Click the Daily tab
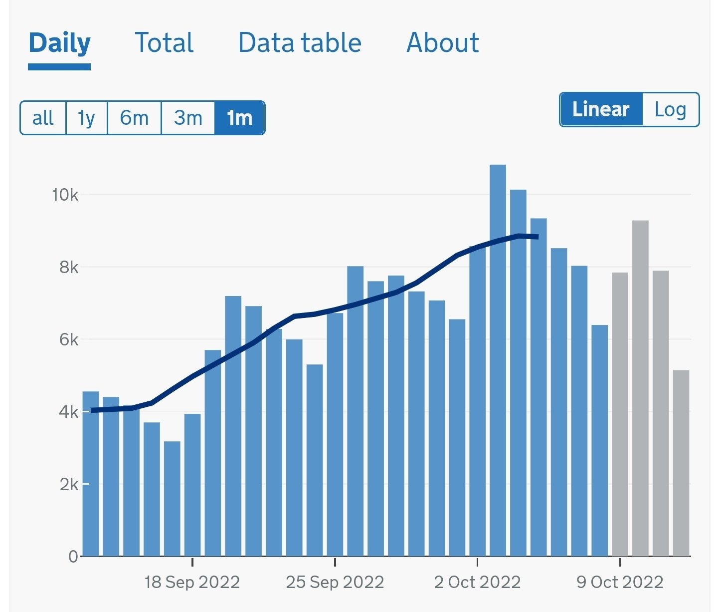(59, 43)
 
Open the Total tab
(164, 43)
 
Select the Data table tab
(300, 43)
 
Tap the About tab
(442, 43)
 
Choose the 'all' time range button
(43, 118)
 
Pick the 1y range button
(86, 118)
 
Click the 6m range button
(134, 118)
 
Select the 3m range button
(188, 118)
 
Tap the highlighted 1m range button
(239, 118)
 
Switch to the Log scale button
(670, 109)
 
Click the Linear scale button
(601, 109)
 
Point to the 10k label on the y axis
(65, 195)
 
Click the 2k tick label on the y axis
(69, 484)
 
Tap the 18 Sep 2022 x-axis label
(192, 582)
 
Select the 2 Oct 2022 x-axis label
(477, 582)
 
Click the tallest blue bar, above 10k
(498, 359)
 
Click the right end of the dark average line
(537, 237)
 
